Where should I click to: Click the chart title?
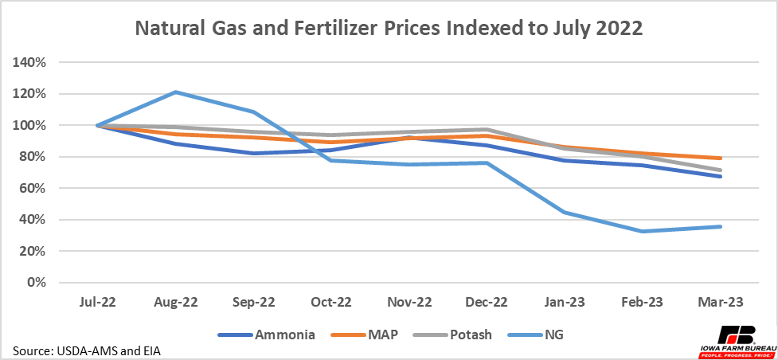(x=388, y=29)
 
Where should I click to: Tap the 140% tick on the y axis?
(x=29, y=62)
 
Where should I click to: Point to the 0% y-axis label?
(x=35, y=283)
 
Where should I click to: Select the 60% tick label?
(x=33, y=188)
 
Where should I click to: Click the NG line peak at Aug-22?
(x=176, y=92)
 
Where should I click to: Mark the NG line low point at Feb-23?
(x=643, y=231)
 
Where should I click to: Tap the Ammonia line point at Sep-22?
(x=254, y=153)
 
